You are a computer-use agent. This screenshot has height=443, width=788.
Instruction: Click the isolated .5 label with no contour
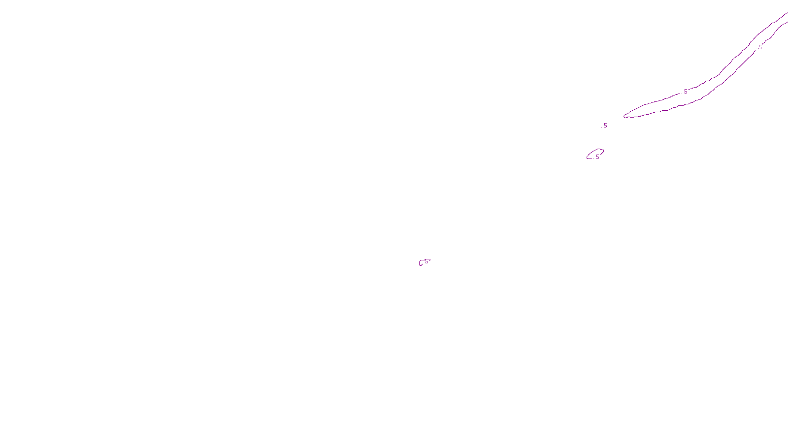tap(605, 126)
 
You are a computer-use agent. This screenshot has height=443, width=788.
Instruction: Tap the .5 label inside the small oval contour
tap(597, 157)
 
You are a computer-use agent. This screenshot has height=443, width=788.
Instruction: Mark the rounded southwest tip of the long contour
tap(625, 116)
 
